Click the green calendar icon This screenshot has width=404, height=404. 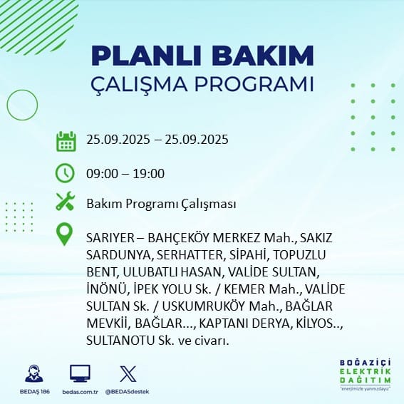click(x=66, y=141)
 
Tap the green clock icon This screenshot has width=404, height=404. click(x=65, y=173)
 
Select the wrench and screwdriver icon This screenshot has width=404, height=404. click(x=66, y=201)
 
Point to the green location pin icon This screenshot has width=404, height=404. click(x=64, y=234)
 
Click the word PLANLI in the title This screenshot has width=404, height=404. click(x=146, y=56)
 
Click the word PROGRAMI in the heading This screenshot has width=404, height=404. click(x=254, y=84)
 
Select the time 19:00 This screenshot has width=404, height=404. click(x=149, y=174)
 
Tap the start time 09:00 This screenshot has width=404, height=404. click(x=102, y=174)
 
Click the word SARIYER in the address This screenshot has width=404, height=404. click(x=110, y=238)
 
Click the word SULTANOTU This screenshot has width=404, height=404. click(x=120, y=341)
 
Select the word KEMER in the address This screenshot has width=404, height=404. click(x=244, y=289)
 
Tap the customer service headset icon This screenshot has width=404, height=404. click(x=34, y=373)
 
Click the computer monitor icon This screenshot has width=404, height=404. click(x=80, y=373)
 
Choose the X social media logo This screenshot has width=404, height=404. click(x=128, y=374)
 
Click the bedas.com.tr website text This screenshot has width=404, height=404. click(x=80, y=392)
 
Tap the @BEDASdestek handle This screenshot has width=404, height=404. click(x=127, y=392)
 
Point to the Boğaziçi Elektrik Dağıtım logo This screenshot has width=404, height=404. click(x=365, y=374)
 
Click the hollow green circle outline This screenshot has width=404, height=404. click(x=7, y=105)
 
